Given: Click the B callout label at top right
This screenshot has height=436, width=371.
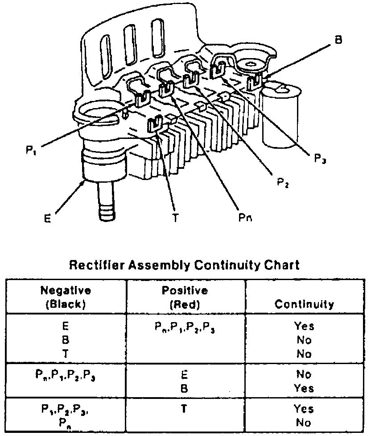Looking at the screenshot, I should (x=338, y=40).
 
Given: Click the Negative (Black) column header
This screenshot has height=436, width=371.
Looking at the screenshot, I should (x=66, y=297).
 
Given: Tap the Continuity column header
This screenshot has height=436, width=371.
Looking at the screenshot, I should (x=304, y=304).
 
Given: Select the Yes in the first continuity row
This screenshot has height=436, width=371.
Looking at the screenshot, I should (x=304, y=326).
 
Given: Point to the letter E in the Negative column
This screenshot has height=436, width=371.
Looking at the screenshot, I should (x=66, y=326).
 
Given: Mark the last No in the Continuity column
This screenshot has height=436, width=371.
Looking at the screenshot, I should (x=304, y=422).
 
